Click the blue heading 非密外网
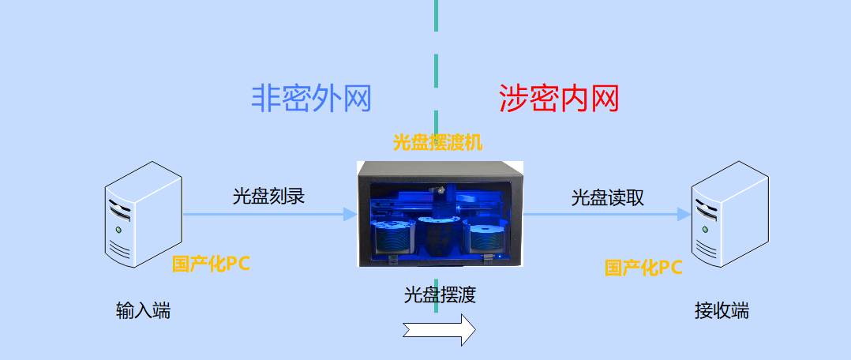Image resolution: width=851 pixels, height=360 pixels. coord(311,98)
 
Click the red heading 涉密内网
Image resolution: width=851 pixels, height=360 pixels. coord(559,98)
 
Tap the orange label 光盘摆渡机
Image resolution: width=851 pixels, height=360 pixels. coord(437,143)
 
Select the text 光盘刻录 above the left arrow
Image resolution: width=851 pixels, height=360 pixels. coord(268,196)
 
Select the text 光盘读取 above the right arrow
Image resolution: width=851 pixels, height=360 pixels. coord(607,197)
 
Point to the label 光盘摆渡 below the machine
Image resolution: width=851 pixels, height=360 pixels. coord(440,294)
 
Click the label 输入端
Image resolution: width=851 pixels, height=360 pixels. coord(144,311)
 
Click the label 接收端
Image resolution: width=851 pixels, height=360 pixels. coord(722,311)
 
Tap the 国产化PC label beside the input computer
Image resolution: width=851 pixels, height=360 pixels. coord(211,264)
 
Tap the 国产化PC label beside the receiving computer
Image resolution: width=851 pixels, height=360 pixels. coord(643,268)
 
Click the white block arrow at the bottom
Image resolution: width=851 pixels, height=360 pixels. coord(439,329)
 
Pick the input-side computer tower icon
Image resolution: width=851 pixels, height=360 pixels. coord(144,214)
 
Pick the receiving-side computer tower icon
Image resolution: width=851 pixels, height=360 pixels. coord(730,214)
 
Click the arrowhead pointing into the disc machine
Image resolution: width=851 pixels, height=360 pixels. coord(351,214)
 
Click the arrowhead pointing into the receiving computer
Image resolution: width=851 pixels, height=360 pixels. coord(684,214)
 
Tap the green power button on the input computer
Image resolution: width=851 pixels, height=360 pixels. coord(118,230)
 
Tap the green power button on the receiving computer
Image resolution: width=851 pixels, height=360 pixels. coord(704,230)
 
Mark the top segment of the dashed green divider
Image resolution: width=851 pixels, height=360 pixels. coord(437,15)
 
